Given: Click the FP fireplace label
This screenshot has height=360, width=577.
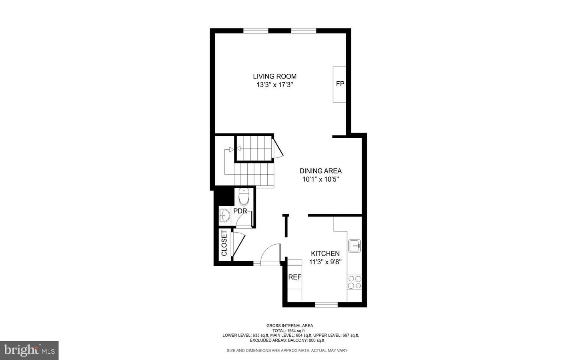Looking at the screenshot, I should (340, 84).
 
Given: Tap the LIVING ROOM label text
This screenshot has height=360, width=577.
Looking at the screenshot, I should (274, 76).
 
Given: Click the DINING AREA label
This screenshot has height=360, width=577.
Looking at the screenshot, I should (321, 171).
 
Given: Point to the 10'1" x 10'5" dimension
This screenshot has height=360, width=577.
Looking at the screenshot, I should (321, 180).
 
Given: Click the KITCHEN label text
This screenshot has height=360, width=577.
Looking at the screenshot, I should (325, 253).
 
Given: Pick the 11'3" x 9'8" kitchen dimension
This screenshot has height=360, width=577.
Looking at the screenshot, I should (325, 262).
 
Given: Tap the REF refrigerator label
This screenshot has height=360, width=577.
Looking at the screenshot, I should (295, 277).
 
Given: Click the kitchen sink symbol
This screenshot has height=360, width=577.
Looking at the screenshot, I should (355, 245).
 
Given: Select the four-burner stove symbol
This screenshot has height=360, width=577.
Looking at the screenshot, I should (355, 282).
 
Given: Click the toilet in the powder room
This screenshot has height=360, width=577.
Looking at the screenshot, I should (244, 196).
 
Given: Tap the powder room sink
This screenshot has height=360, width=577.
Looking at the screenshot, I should (224, 216).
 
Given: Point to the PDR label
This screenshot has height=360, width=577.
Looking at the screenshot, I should (240, 211).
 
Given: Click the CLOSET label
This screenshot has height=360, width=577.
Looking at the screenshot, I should (224, 243).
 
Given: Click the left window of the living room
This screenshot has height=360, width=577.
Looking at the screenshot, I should (256, 30).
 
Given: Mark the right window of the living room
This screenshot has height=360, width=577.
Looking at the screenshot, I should (303, 30).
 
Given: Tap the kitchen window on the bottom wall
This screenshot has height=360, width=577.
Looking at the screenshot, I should (326, 305).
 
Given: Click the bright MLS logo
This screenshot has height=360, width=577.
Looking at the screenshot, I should (29, 350).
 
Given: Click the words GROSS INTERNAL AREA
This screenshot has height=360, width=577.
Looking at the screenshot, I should (290, 326).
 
